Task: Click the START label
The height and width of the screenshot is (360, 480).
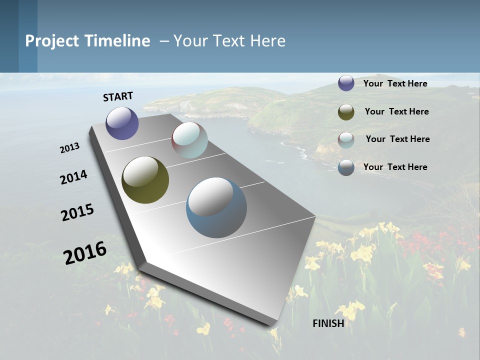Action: pos(118,96)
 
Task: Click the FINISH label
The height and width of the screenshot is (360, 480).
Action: pos(328,323)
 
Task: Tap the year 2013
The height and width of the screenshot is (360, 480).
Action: pos(70,148)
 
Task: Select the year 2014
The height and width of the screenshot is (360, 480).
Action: pos(74,177)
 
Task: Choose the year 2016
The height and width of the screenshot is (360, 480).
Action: pos(85,252)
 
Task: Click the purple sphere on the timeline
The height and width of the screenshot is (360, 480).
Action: pos(122,123)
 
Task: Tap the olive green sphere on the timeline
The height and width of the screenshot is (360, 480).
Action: pos(145,180)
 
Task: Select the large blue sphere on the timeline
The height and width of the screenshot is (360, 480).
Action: pos(216,207)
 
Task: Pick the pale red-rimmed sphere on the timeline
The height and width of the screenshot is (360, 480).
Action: pos(189,140)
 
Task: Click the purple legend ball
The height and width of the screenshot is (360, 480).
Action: pos(346,83)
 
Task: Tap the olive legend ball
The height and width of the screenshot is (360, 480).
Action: pos(346,112)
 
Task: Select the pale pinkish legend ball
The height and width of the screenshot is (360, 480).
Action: pos(346,139)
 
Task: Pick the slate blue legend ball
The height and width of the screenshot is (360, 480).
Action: pos(346,167)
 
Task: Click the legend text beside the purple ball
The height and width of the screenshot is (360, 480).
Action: pos(395,83)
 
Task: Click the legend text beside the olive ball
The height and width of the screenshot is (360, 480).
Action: pos(397,111)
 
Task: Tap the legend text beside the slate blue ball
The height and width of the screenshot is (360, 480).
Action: pos(395,167)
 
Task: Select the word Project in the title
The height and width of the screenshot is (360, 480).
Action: pos(52,41)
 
